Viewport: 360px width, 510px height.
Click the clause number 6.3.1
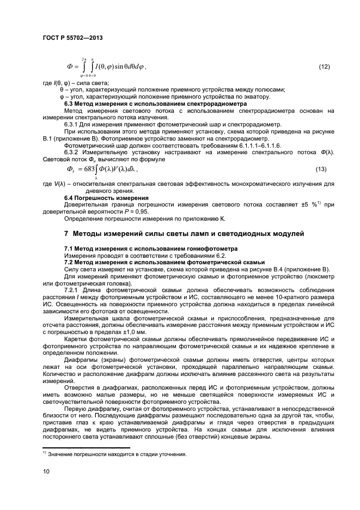72,124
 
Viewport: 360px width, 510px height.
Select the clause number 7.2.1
72,289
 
